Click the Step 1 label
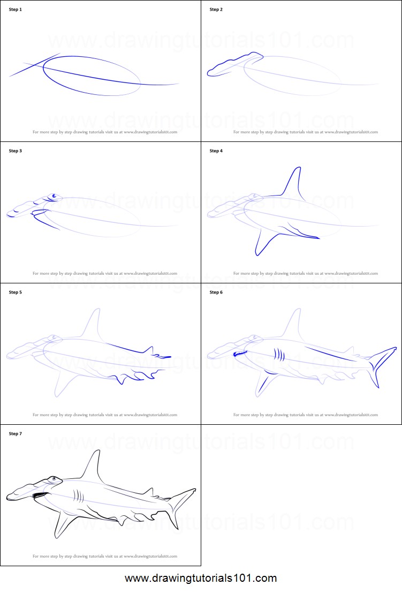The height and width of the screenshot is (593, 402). tap(16, 10)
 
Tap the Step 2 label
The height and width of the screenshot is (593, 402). tap(216, 10)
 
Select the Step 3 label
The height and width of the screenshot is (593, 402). tap(16, 151)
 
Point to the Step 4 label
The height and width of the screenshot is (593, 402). tap(216, 151)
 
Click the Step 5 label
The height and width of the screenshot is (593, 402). tap(16, 292)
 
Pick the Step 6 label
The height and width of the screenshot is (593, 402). tap(216, 292)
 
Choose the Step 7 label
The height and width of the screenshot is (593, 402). tap(16, 434)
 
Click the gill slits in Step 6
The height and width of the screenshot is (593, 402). tap(279, 355)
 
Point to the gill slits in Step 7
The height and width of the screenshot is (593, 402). tap(79, 496)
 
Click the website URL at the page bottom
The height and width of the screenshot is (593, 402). tap(201, 579)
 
